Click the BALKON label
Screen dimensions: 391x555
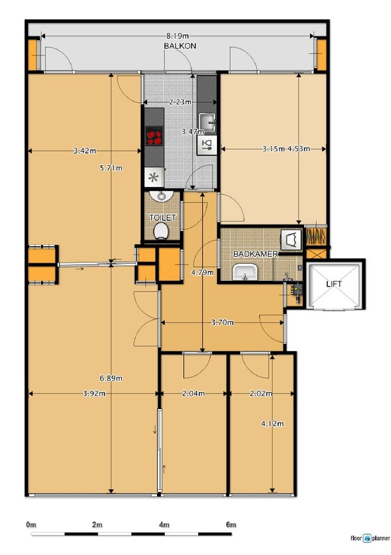180,46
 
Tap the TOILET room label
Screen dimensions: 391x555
162,218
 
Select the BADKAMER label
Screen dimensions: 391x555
255,254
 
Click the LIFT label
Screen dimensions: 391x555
334,284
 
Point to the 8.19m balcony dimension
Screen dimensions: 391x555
177,36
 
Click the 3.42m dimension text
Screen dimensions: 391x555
85,151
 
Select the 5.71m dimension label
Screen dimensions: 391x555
111,168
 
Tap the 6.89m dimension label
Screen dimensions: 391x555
111,378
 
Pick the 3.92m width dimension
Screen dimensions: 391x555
94,393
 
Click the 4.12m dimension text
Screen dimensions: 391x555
272,423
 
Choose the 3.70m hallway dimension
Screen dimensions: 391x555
222,322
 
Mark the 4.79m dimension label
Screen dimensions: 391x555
202,272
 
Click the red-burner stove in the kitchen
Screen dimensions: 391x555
154,136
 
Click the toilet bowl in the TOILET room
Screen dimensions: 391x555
161,231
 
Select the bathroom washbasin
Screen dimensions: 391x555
245,272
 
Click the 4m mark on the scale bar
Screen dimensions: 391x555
164,524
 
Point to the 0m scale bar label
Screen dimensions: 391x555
31,524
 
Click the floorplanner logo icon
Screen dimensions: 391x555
367,538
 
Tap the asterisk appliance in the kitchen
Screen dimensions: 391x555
154,177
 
